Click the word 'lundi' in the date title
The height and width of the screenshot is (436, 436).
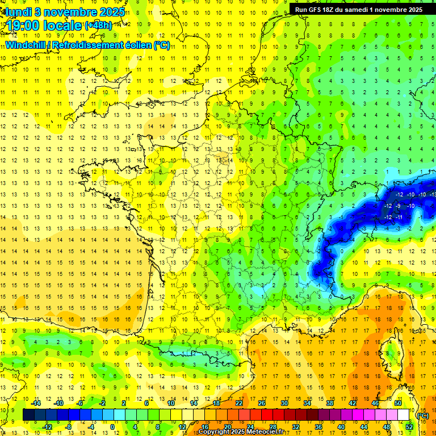tap(19, 11)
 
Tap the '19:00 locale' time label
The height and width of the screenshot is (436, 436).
tap(44, 26)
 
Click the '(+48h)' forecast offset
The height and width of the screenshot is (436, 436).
tap(98, 26)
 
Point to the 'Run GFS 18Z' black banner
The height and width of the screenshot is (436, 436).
tap(358, 10)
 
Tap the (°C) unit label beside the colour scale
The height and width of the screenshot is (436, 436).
tap(422, 415)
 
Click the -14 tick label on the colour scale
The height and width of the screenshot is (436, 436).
tap(36, 403)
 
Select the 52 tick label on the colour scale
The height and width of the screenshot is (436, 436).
tap(409, 426)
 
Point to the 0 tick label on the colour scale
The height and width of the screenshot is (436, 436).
tap(113, 426)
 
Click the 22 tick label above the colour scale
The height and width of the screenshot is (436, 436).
tap(239, 403)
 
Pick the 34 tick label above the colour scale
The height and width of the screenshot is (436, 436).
tap(307, 403)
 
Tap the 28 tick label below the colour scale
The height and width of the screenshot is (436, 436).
tap(273, 426)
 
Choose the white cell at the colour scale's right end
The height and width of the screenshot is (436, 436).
tap(403, 415)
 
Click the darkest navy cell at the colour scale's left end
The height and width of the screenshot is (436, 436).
tap(28, 415)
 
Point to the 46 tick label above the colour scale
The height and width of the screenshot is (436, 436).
tap(375, 403)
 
